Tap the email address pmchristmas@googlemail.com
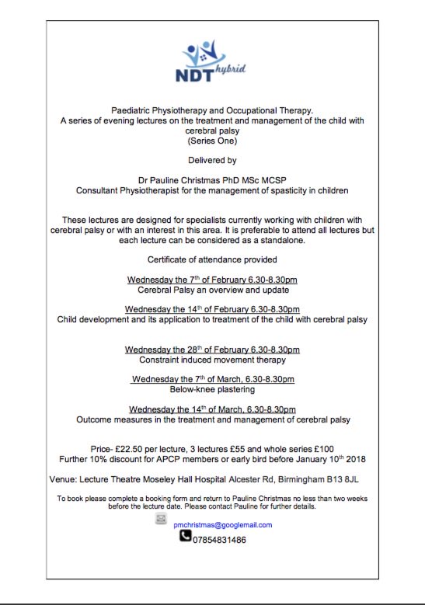222,525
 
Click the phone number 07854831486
219,539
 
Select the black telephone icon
186,537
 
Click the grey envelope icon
161,518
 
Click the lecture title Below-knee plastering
212,389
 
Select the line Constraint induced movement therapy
212,360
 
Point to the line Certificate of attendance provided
212,259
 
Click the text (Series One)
212,141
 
